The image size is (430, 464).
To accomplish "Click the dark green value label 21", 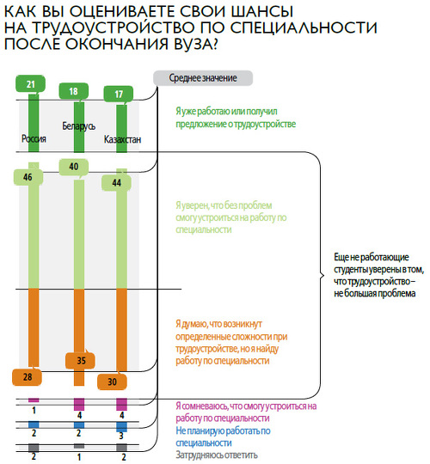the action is [x=30, y=83].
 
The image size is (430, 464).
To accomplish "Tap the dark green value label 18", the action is [x=73, y=91].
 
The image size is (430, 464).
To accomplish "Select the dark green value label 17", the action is [x=118, y=94].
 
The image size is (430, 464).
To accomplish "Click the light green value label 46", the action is [x=28, y=177].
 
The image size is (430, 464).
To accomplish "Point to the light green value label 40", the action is [x=74, y=167].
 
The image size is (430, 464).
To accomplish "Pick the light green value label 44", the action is [x=116, y=182].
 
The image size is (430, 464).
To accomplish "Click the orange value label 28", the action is [x=27, y=377].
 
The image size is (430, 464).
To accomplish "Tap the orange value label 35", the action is [x=80, y=360].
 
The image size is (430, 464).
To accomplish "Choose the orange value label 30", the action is [x=113, y=382].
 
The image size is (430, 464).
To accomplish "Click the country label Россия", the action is [x=34, y=139].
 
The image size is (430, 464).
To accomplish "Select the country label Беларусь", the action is [x=79, y=126].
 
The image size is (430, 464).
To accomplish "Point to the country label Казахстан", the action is [x=122, y=139].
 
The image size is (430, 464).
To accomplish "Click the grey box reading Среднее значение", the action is [x=203, y=78].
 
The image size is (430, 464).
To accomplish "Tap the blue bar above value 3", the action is [x=122, y=427].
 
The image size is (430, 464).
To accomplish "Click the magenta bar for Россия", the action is [x=34, y=400].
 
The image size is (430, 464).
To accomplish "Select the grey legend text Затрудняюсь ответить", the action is [x=217, y=455].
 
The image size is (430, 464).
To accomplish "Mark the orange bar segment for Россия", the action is [x=34, y=327].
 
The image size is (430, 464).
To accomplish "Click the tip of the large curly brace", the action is [x=323, y=276].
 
